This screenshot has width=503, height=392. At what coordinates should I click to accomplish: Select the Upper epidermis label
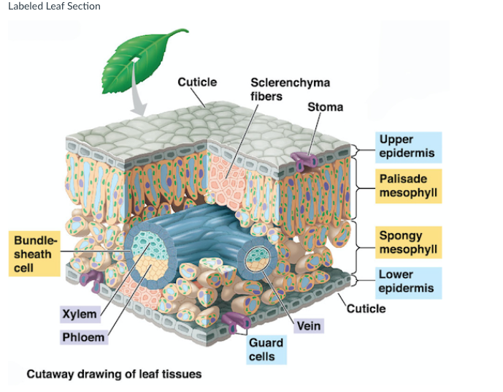pos(406,146)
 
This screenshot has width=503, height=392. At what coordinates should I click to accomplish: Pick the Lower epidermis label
pos(406,282)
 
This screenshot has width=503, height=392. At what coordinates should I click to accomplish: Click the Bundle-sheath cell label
pos(34,254)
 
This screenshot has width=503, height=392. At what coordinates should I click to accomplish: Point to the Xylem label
pos(80,314)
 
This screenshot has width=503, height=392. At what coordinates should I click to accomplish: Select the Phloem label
pos(82,338)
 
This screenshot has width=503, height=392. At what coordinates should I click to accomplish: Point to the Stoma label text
pos(325,107)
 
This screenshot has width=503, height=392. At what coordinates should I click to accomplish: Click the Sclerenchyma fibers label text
pos(280,89)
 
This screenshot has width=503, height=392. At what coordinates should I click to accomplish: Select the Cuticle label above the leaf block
pos(197,82)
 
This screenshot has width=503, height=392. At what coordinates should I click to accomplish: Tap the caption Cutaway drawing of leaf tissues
pos(114,374)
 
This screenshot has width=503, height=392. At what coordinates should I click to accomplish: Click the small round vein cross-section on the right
pos(256,257)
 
